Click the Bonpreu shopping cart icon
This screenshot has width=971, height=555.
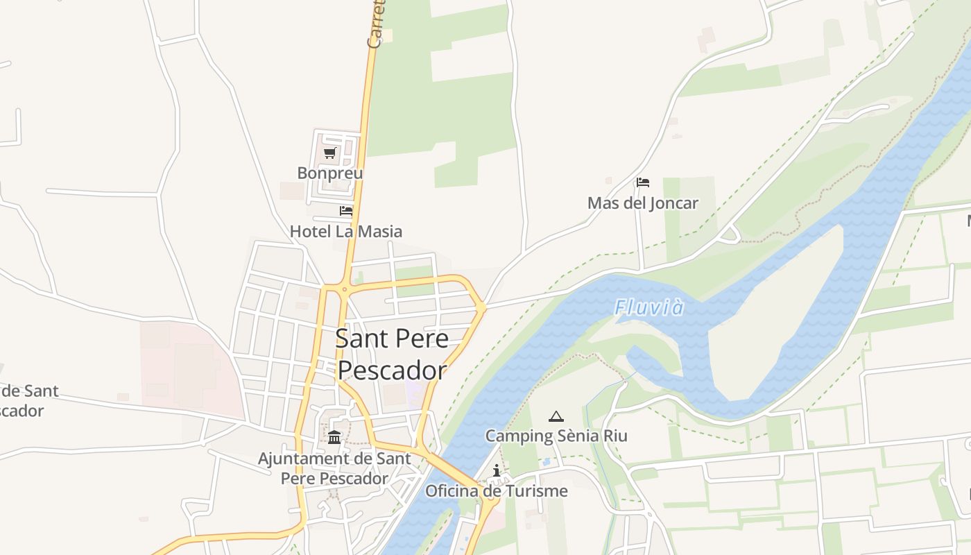pos(330,153)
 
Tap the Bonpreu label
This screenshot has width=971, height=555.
pos(330,173)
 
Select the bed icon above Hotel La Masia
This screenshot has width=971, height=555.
pos(346,211)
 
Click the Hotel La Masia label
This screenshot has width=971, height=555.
pos(345,231)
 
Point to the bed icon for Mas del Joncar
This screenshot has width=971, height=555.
pos(643,182)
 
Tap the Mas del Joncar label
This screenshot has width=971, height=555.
pos(642,203)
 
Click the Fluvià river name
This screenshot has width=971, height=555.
pos(649,307)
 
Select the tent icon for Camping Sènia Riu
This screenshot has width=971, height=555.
pos(556,416)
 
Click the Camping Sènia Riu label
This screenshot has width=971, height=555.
pos(556,436)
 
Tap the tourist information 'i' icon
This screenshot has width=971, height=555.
pos(497,471)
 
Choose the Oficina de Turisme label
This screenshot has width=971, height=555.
pos(496,491)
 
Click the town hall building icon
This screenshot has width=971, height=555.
pos(334,437)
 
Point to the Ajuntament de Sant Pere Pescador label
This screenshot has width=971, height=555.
pos(334,468)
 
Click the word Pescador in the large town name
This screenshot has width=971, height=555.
pos(392,370)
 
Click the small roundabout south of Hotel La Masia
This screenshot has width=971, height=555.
pos(343,289)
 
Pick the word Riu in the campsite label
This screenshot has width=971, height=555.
pos(613,436)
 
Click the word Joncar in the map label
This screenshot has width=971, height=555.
pos(672,203)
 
